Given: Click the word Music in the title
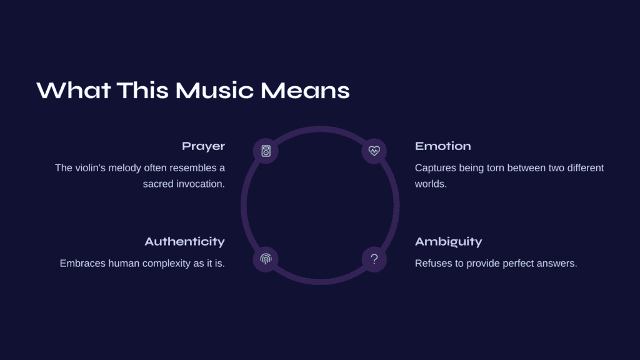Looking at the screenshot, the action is coord(215,90).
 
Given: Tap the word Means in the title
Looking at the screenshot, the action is coord(305,90).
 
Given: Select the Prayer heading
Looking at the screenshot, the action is coord(203,146).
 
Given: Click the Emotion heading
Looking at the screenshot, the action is coord(443,146).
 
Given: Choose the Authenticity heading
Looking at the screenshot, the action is coord(184,242).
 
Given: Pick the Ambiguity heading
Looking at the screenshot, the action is coord(449,242).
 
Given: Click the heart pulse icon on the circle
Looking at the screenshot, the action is coord(374,151).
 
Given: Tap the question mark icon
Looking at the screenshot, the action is coord(374,259).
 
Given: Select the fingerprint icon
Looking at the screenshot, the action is coord(266,259).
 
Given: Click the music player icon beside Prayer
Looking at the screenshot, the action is coord(266,151).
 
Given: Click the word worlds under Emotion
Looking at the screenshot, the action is coord(431,184).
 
